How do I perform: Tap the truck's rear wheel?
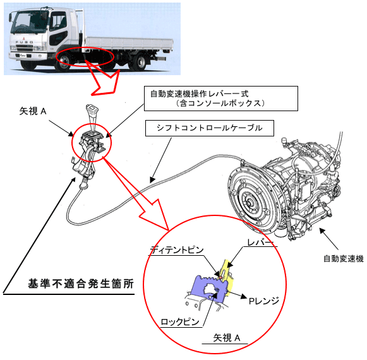click(x=140, y=63)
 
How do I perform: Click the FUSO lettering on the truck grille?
click(x=25, y=42)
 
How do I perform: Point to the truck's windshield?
click(x=25, y=20)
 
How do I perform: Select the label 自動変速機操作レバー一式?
click(x=199, y=94)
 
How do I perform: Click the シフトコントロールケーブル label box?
click(x=210, y=128)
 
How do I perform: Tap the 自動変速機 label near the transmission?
click(x=344, y=259)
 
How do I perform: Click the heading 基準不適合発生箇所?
click(x=81, y=284)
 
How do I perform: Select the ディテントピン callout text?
click(x=177, y=250)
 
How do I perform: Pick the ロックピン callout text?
click(x=180, y=322)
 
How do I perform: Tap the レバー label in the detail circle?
click(x=260, y=243)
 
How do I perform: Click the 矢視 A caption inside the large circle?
click(x=227, y=338)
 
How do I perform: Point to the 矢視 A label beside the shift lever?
click(x=33, y=111)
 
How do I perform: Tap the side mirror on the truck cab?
click(x=11, y=18)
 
